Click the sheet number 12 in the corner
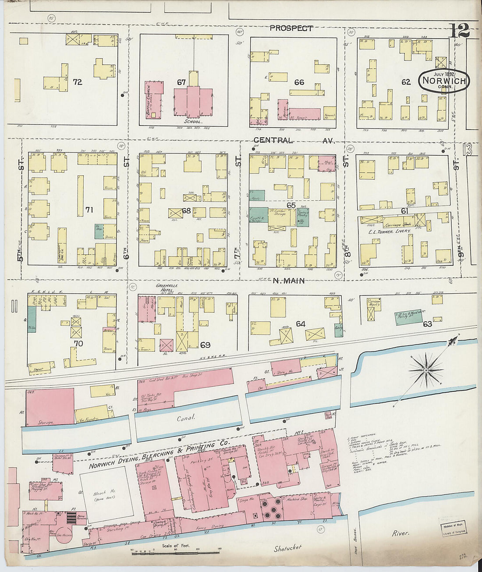coord(459,30)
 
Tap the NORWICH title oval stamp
coord(444,81)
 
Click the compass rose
coord(425,371)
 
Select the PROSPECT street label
coord(291,28)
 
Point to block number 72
coord(78,82)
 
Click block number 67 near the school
coord(181,82)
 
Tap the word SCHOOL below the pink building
coord(193,121)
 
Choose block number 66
coord(299,82)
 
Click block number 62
coord(406,82)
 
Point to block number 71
coord(89,210)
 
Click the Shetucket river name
coord(287,548)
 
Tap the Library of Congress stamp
coord(453,529)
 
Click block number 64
coord(300,324)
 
